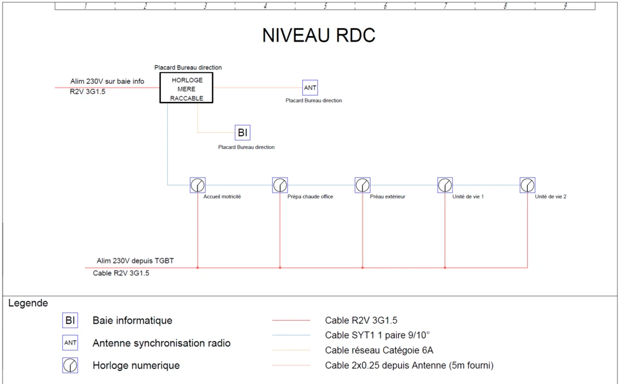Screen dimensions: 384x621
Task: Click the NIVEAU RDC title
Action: coord(319,36)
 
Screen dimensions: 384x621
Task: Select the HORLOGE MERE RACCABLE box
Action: coord(186,88)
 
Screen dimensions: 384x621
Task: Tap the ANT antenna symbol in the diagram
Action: coord(310,88)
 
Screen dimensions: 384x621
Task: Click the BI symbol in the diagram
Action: coord(242,132)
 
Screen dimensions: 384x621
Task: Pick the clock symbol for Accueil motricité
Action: coord(197,185)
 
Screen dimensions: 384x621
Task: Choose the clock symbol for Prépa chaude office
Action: coord(280,185)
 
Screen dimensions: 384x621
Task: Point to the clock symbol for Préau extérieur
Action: coord(363,185)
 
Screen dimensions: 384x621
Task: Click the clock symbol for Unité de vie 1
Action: coord(445,185)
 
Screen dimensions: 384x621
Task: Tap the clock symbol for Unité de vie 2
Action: coord(527,185)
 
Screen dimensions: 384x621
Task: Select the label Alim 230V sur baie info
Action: coord(107,81)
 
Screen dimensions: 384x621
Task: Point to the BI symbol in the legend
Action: coord(70,321)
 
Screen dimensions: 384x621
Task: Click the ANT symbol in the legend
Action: coord(70,343)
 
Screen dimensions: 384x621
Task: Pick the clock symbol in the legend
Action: coord(70,366)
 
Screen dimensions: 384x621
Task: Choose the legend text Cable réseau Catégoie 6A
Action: coord(379,350)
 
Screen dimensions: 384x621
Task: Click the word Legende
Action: coord(28,303)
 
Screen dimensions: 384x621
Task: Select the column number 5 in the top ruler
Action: coord(325,6)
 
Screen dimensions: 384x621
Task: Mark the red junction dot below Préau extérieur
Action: coord(363,268)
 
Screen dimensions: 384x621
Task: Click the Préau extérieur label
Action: coord(388,196)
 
